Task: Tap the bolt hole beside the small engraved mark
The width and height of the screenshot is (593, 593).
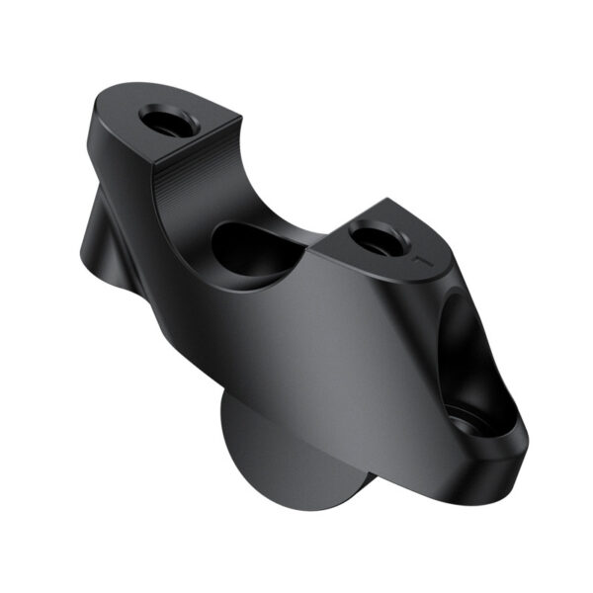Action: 377,237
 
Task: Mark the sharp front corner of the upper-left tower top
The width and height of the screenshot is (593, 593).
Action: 237,117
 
